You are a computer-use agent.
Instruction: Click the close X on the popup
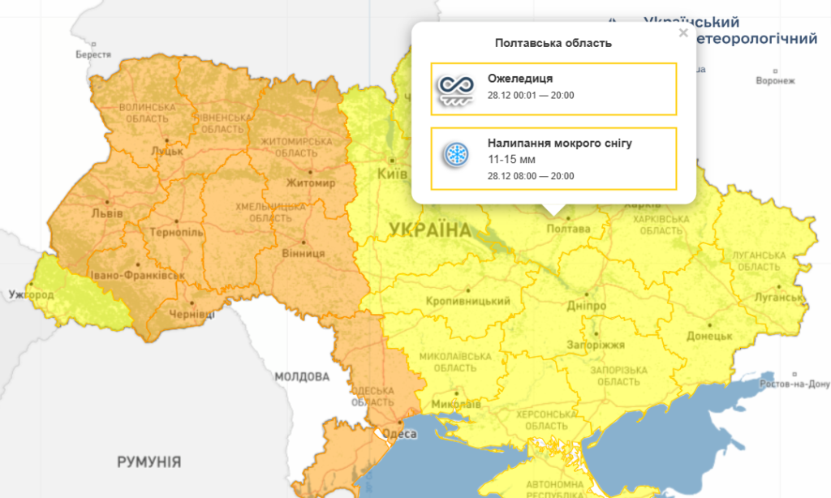tap(683, 33)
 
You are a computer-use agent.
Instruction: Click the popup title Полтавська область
tap(553, 43)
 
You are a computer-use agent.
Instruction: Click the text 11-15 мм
tap(511, 159)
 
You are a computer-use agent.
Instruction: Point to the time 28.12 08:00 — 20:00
tap(531, 175)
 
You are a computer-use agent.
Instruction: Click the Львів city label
tap(109, 213)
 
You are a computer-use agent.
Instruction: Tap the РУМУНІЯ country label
tap(149, 462)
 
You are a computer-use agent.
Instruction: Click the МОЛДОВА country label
tap(302, 377)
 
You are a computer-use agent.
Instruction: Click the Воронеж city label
tap(775, 81)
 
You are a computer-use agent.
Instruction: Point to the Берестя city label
tap(93, 54)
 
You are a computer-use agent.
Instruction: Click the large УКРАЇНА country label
tap(429, 230)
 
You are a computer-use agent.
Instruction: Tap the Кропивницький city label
tap(468, 302)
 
